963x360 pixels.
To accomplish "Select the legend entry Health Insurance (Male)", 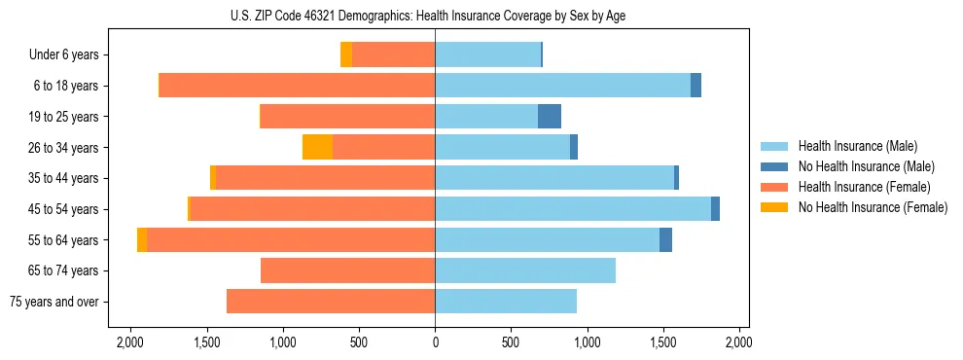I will [x=857, y=146].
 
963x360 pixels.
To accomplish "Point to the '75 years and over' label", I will [x=53, y=302].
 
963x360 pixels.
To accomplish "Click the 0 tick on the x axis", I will [x=435, y=342].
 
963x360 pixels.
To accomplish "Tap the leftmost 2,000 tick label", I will [x=130, y=342].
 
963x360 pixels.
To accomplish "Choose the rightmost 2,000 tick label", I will [x=738, y=342].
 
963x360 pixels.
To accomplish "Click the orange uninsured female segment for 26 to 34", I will [x=317, y=147].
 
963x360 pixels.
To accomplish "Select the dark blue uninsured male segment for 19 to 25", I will [x=550, y=117].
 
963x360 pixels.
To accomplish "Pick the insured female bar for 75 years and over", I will [x=331, y=302].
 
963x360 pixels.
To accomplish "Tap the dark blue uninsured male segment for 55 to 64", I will [x=665, y=239].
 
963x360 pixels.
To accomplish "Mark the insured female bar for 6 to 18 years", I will [x=297, y=86].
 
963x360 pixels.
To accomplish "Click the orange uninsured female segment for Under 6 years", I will [x=346, y=55].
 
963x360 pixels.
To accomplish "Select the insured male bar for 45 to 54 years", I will [x=573, y=209].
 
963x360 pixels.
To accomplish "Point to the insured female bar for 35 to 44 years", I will [x=325, y=178].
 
